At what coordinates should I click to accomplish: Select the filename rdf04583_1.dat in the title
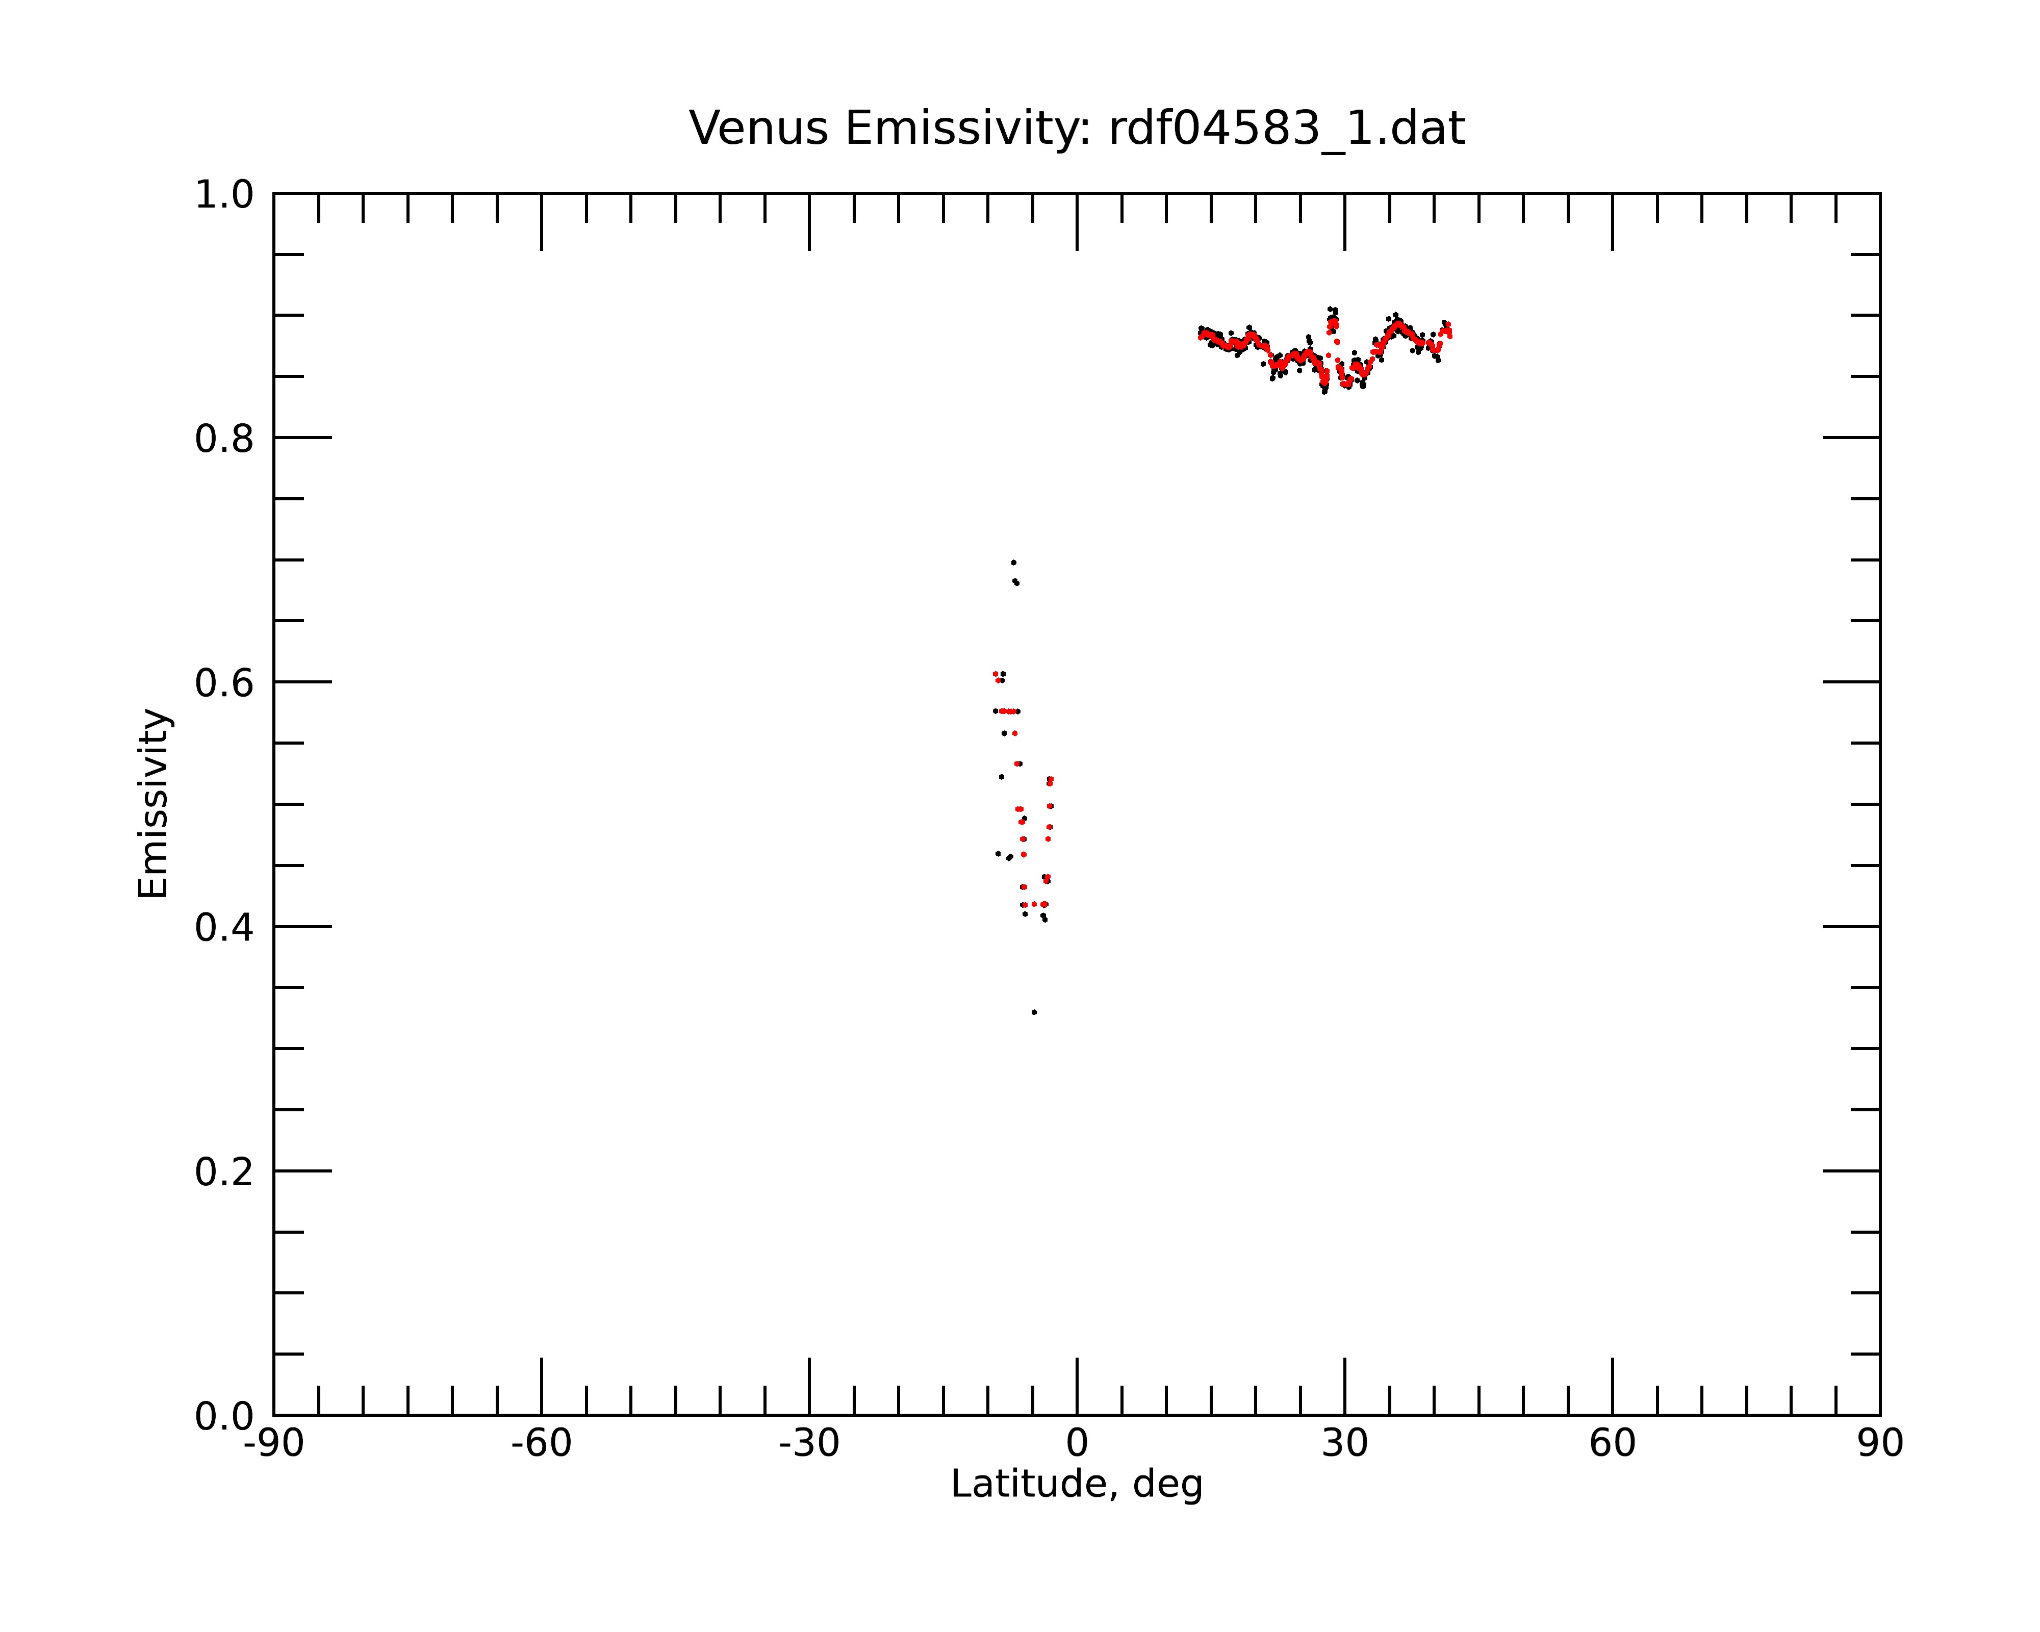coord(1287,130)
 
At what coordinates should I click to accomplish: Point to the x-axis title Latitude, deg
coord(1077,1484)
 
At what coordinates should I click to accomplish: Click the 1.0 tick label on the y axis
coord(224,196)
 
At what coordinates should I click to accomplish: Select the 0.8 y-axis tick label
coord(224,439)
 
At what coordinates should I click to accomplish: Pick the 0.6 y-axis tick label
coord(224,683)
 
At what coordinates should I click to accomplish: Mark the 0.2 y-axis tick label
coord(224,1172)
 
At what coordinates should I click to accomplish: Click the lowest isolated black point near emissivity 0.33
coord(1034,1012)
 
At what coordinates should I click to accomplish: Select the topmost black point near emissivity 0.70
coord(1013,563)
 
